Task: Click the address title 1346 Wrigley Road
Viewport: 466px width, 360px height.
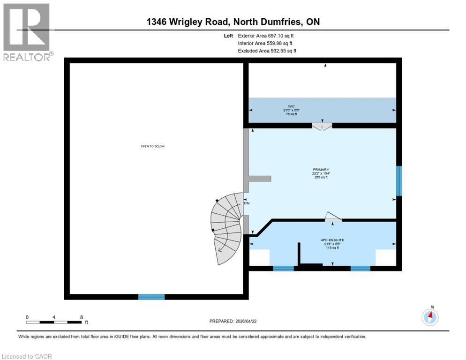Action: click(x=233, y=22)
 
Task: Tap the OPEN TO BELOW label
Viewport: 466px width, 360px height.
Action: click(x=153, y=146)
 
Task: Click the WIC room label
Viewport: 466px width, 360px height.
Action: click(x=291, y=106)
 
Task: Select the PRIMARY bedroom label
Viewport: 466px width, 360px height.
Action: click(x=321, y=170)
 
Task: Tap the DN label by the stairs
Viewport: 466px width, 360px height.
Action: click(x=246, y=203)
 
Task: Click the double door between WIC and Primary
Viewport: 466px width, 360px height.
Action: click(x=322, y=125)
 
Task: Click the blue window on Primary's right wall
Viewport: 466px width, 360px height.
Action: click(x=399, y=181)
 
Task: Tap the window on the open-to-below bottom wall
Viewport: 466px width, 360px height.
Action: click(x=151, y=297)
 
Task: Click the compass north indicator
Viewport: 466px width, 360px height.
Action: click(x=430, y=317)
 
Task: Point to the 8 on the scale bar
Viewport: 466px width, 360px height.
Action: click(x=82, y=317)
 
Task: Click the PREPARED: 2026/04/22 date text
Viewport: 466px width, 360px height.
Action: click(x=233, y=321)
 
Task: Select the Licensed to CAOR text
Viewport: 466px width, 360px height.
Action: click(x=27, y=356)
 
